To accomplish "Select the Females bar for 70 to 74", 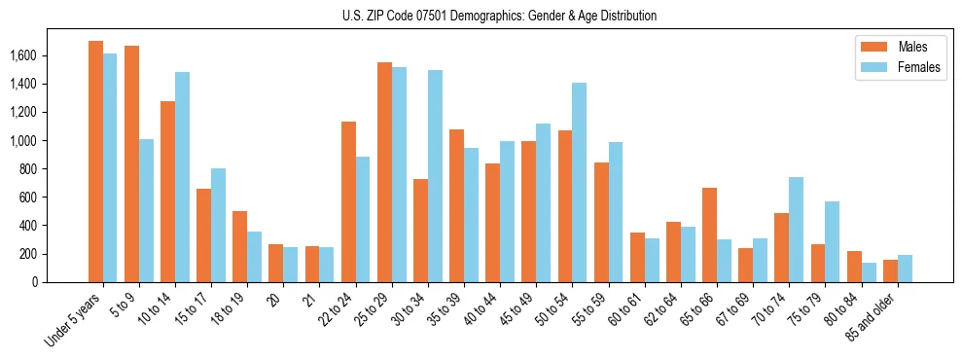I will pyautogui.click(x=796, y=230).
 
